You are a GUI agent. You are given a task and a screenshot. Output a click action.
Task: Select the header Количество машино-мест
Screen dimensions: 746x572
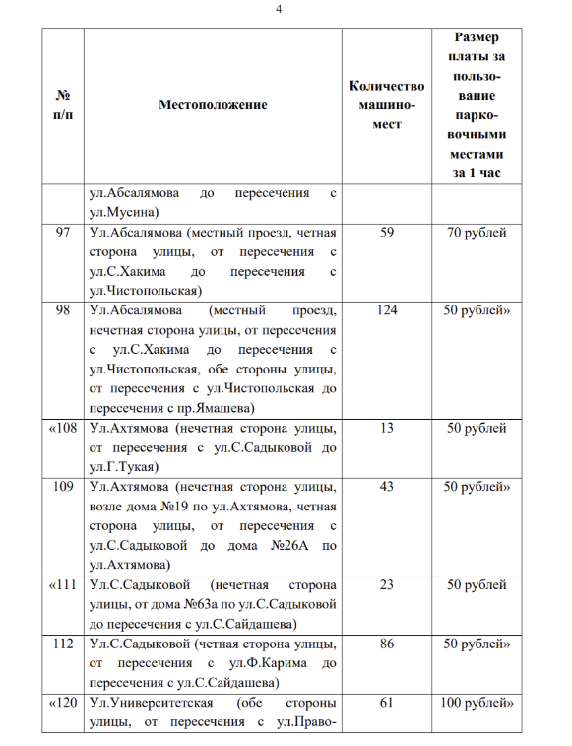click(x=387, y=104)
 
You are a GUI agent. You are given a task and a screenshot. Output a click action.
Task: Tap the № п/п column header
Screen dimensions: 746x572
click(x=63, y=104)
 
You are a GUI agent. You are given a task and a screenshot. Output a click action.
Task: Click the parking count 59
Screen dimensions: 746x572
click(x=387, y=233)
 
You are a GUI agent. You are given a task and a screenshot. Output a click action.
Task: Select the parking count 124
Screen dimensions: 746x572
click(x=387, y=309)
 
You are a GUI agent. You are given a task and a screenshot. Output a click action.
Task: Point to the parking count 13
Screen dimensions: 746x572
click(x=387, y=428)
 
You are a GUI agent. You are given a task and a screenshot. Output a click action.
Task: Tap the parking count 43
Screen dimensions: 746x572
click(x=387, y=487)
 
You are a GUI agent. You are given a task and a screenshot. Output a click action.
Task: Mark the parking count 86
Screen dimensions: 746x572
click(x=387, y=644)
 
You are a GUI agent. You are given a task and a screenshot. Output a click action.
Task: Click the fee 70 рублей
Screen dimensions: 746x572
click(x=477, y=233)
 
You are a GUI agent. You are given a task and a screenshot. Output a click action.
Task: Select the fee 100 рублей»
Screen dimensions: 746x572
click(x=477, y=704)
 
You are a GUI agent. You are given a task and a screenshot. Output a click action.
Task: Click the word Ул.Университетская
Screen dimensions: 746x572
click(x=146, y=704)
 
